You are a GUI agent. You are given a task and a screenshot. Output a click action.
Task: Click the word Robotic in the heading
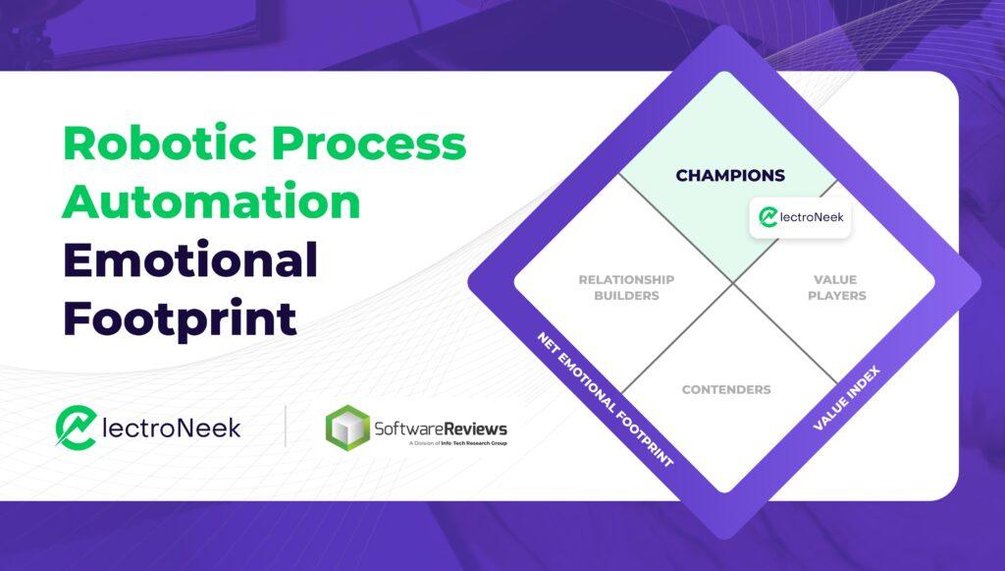159,143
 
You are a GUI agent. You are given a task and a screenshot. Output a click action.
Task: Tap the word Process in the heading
369,143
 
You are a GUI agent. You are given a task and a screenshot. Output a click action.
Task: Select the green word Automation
212,200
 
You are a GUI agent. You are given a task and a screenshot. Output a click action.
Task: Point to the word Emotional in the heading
190,259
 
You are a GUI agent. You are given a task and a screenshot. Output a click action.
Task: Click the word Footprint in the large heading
181,318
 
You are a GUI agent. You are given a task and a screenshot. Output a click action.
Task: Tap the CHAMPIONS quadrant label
730,175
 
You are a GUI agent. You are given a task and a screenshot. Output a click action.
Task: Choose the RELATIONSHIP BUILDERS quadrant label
626,287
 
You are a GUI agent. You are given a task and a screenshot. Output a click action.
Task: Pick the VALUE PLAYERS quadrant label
836,287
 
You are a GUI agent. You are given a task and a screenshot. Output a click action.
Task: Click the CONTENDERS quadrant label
726,389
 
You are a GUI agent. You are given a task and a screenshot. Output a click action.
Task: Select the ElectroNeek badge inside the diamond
801,217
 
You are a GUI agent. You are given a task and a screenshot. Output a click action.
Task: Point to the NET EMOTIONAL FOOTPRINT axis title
605,399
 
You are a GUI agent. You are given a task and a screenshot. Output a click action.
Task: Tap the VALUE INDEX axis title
847,398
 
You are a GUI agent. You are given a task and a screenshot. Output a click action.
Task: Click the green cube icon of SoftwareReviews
347,428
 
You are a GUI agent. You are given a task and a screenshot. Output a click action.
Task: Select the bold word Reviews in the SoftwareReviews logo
475,428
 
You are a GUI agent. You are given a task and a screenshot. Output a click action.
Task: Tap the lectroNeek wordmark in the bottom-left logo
171,428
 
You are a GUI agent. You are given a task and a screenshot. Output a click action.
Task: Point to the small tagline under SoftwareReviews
457,443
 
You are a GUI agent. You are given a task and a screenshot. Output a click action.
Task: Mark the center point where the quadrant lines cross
733,283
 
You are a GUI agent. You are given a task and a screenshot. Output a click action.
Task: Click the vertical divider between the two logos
286,426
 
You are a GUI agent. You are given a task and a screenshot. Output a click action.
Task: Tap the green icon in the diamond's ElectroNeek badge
767,217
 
